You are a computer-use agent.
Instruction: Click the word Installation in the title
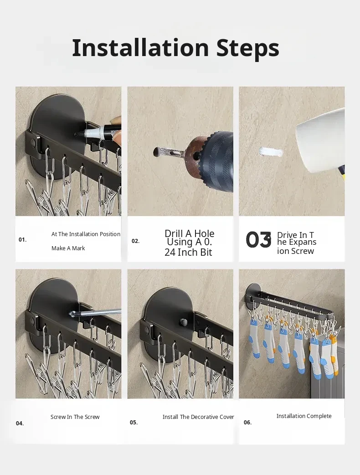pos(141,47)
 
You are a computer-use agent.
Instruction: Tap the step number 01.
pos(22,240)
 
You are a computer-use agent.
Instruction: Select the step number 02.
pos(135,241)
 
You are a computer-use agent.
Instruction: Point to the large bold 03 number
pos(258,240)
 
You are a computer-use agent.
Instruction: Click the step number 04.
pos(20,423)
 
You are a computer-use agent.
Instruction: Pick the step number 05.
pos(134,422)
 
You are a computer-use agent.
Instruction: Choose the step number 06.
pos(247,422)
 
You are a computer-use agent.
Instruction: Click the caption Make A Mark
pos(68,248)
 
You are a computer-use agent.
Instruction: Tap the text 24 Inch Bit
pos(188,252)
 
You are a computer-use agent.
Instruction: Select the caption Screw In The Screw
pos(75,417)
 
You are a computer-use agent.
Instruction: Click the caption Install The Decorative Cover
pos(198,417)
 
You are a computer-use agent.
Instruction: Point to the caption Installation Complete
pos(304,416)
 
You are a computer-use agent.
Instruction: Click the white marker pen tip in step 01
pos(80,133)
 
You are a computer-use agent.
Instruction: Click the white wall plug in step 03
pos(271,152)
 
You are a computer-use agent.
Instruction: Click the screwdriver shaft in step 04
pos(97,312)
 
